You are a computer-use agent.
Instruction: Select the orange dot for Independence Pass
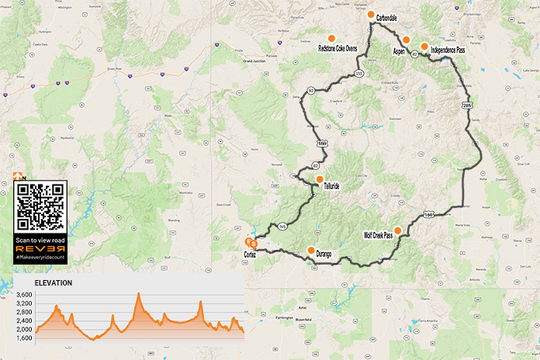click(x=424, y=46)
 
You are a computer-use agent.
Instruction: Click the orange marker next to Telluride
click(x=320, y=178)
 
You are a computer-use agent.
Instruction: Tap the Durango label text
click(x=329, y=252)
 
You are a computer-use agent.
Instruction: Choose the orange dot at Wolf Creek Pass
click(x=398, y=230)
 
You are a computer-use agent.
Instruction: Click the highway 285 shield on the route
click(x=466, y=105)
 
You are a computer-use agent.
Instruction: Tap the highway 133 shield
click(x=358, y=74)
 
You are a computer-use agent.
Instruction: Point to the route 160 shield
click(x=428, y=213)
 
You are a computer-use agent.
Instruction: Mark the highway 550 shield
click(x=321, y=143)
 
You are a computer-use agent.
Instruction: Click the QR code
click(x=40, y=206)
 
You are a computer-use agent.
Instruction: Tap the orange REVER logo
click(x=40, y=249)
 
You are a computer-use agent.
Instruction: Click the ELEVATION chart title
click(x=54, y=283)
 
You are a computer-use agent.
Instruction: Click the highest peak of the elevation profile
click(x=139, y=293)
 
